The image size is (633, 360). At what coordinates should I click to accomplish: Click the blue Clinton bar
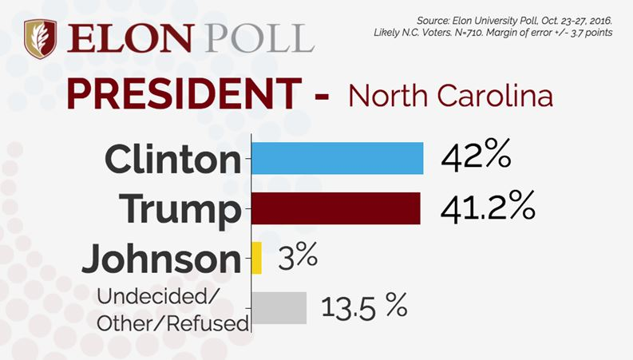tap(337, 158)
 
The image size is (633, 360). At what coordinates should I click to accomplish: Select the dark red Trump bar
tap(335, 208)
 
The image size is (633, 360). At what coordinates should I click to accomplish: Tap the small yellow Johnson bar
tap(256, 258)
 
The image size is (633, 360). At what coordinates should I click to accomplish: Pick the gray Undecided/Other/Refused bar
tap(279, 307)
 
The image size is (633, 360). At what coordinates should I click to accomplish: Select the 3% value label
tap(298, 257)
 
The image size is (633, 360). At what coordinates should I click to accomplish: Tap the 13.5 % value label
tap(364, 307)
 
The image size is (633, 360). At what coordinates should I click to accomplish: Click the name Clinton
tap(172, 159)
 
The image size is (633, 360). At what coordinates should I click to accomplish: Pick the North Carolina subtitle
tap(450, 97)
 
